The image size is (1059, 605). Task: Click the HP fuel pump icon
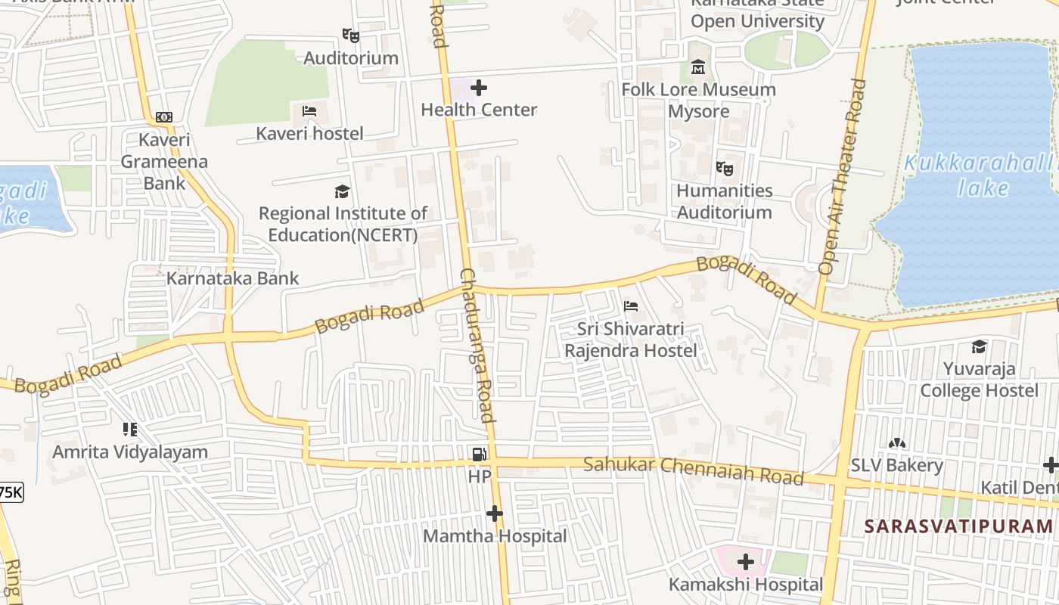(479, 455)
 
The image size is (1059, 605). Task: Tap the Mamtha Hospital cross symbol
(494, 514)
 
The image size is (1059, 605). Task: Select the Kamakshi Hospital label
(745, 585)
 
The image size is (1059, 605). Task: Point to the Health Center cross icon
(479, 88)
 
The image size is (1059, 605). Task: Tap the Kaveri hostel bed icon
(309, 111)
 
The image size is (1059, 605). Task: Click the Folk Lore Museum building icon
(697, 69)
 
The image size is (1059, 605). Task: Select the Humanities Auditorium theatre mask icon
(725, 169)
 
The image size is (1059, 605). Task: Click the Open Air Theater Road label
(841, 176)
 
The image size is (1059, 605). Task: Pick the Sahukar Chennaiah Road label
(692, 470)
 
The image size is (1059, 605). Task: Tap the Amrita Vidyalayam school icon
(129, 430)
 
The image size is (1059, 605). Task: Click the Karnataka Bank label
(232, 278)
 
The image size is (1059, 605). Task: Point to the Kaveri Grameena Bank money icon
(164, 117)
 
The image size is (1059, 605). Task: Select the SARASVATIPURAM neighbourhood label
(958, 526)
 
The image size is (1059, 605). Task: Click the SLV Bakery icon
(897, 443)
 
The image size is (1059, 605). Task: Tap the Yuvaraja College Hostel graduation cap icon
(979, 347)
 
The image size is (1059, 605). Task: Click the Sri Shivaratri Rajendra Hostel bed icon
(631, 306)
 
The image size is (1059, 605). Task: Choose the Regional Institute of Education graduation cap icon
(343, 191)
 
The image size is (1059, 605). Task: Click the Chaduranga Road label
(477, 345)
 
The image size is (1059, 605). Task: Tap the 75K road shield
(11, 492)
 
